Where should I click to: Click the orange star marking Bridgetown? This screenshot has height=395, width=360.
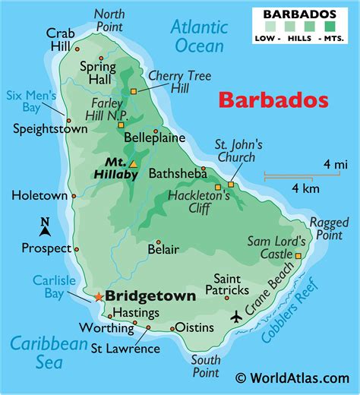(x=98, y=295)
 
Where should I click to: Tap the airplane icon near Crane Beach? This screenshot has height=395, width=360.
(x=236, y=314)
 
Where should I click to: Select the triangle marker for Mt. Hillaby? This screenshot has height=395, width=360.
(x=134, y=163)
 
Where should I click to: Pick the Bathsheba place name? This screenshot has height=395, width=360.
(x=177, y=173)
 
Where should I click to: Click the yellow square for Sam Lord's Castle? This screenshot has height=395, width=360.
(x=298, y=256)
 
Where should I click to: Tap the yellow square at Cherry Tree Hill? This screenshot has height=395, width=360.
(x=133, y=91)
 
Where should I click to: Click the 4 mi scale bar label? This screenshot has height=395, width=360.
(x=335, y=163)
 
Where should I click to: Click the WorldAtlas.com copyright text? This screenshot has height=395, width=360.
(x=292, y=378)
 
